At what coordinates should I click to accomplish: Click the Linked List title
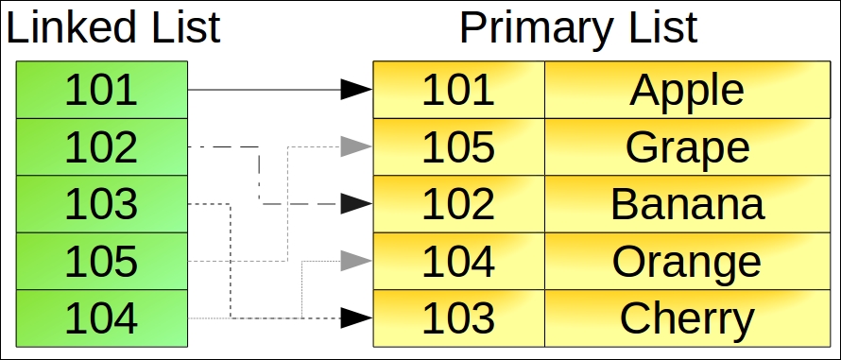113,28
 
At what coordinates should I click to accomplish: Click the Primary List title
578,28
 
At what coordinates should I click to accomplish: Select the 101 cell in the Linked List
101,90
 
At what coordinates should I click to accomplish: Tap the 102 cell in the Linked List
101,147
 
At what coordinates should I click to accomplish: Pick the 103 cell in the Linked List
101,204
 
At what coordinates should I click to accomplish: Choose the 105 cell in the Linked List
101,261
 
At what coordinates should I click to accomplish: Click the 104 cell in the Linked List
101,317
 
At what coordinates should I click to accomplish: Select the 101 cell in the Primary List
458,90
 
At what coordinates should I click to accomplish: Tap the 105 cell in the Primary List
458,147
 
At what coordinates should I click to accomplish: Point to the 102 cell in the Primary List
458,204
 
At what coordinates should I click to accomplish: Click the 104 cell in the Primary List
458,261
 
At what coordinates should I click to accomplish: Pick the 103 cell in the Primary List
458,317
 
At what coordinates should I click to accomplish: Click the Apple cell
687,90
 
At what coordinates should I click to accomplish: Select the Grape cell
687,147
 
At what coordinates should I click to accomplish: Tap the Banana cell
687,204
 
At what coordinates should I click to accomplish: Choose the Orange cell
687,261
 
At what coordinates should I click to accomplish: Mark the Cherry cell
687,317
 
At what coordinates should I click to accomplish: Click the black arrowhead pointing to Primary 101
355,90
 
